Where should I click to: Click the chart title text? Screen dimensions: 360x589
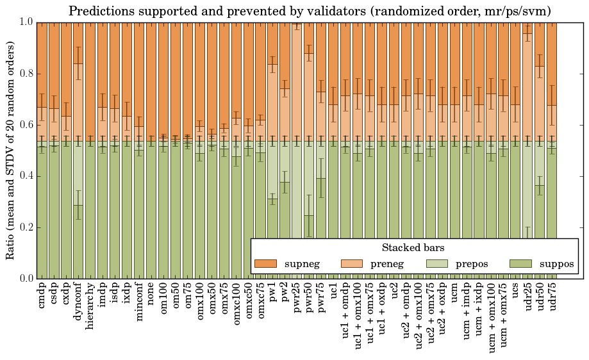click(x=310, y=11)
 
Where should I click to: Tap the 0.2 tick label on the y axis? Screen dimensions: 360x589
click(x=25, y=227)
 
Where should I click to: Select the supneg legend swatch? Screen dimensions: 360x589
click(x=265, y=264)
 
